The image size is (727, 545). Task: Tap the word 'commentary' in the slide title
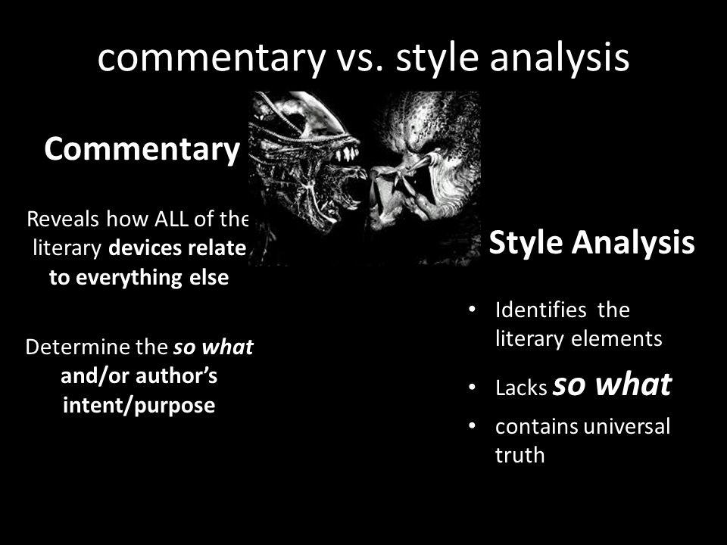(211, 59)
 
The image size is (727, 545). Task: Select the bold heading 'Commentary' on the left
(142, 149)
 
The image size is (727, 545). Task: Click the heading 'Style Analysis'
(591, 242)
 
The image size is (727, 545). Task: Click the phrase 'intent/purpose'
(139, 405)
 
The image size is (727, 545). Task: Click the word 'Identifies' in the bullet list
(541, 310)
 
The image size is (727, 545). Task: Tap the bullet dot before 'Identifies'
(472, 309)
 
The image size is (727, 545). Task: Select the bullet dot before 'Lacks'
(472, 387)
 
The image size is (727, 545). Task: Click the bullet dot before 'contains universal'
(472, 425)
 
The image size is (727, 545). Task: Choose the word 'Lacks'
(521, 388)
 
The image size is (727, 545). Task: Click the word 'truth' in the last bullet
(520, 455)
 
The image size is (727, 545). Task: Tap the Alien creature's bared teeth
(348, 153)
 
